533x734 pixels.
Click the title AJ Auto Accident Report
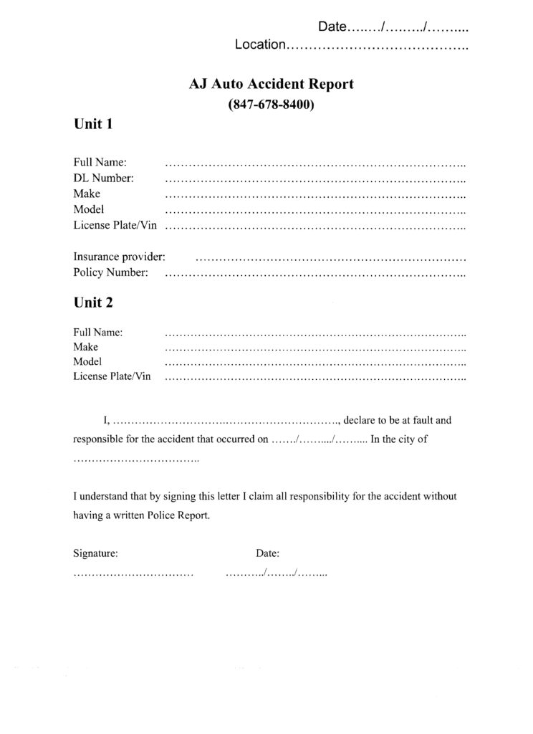[271, 85]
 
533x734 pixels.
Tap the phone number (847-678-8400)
[272, 104]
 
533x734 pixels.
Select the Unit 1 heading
[93, 124]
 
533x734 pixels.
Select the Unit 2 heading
[93, 302]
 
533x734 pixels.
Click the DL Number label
[103, 178]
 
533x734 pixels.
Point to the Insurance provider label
[119, 256]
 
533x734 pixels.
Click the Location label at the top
[260, 45]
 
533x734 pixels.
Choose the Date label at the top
[332, 27]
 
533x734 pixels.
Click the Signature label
[96, 553]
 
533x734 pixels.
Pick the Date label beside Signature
[267, 553]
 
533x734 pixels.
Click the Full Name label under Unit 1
[100, 163]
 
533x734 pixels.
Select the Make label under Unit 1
[87, 194]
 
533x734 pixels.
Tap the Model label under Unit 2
[87, 361]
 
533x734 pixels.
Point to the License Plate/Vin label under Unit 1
[115, 225]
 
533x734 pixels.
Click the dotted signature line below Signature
[133, 575]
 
